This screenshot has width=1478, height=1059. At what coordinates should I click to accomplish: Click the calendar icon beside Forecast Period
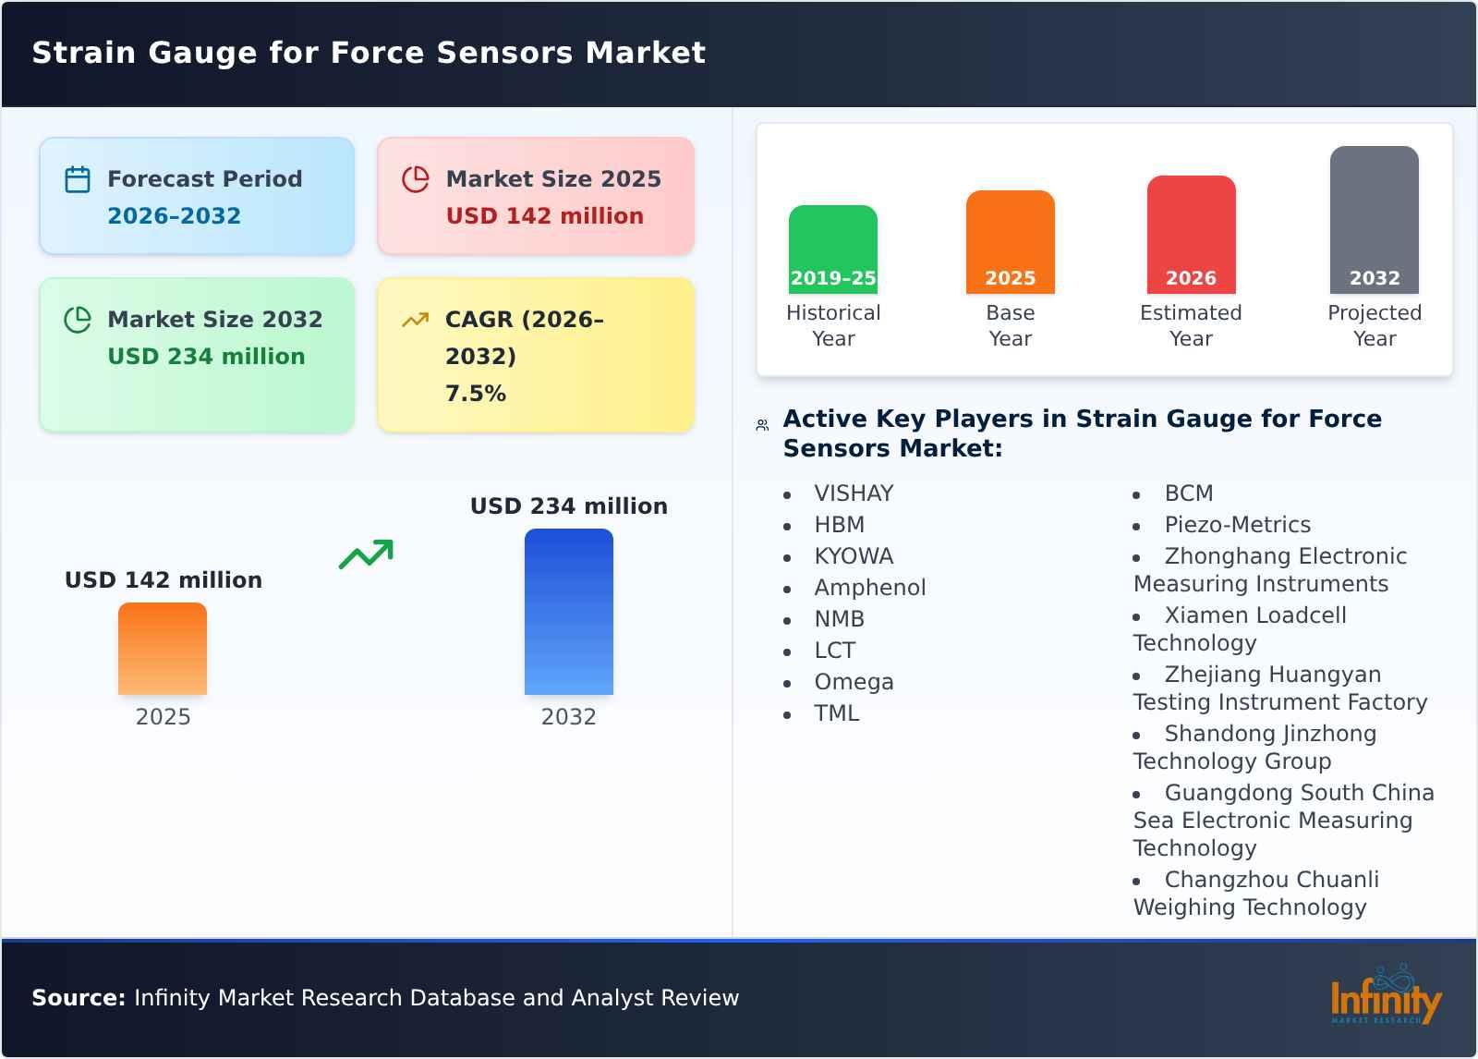pyautogui.click(x=78, y=179)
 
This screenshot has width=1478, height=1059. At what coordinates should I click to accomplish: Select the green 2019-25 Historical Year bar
pyautogui.click(x=832, y=250)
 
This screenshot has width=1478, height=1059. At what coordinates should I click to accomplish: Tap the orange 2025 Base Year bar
pyautogui.click(x=1010, y=242)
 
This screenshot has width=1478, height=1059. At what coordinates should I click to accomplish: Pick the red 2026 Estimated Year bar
pyautogui.click(x=1191, y=235)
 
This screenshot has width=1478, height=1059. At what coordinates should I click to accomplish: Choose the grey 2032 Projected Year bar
pyautogui.click(x=1374, y=220)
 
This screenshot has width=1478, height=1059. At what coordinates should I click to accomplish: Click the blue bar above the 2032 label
pyautogui.click(x=568, y=611)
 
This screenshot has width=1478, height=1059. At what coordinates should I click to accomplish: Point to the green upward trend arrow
pyautogui.click(x=366, y=554)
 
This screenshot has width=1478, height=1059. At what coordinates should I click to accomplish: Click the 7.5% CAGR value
pyautogui.click(x=475, y=394)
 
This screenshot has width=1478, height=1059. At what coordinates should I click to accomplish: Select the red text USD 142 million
pyautogui.click(x=544, y=216)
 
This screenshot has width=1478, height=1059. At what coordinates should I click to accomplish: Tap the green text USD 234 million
pyautogui.click(x=206, y=357)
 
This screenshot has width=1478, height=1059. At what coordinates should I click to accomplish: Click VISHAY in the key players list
pyautogui.click(x=854, y=493)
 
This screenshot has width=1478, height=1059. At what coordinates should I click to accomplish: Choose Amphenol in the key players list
pyautogui.click(x=869, y=588)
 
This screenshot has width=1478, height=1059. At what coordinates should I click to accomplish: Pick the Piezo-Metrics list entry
pyautogui.click(x=1237, y=525)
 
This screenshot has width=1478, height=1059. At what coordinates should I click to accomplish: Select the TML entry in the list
pyautogui.click(x=836, y=713)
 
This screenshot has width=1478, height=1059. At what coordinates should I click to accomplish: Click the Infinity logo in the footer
pyautogui.click(x=1385, y=998)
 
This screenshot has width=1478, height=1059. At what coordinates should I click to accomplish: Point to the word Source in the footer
pyautogui.click(x=78, y=998)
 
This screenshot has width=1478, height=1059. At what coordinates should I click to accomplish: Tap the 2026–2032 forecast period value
pyautogui.click(x=174, y=216)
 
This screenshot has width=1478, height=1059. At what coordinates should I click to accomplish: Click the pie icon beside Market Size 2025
pyautogui.click(x=416, y=179)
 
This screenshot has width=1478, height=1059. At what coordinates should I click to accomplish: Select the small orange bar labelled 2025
pyautogui.click(x=163, y=649)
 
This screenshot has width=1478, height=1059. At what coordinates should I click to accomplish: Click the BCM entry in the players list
pyautogui.click(x=1188, y=493)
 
